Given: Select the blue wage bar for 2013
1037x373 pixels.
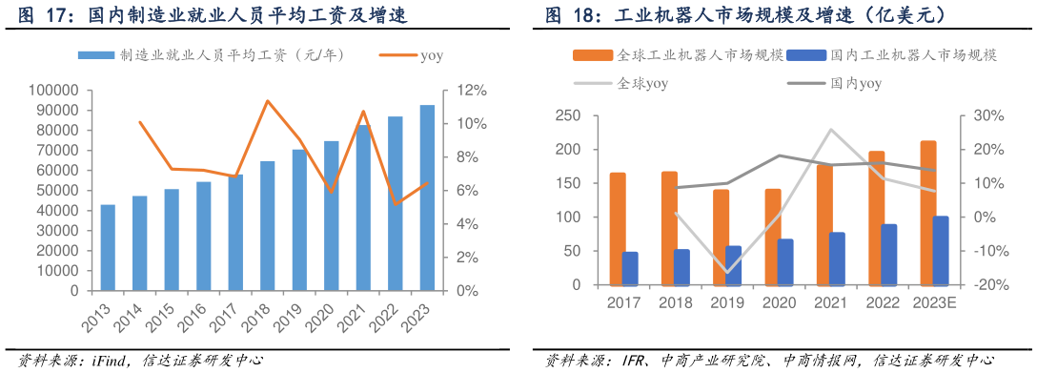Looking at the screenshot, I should coord(108,247).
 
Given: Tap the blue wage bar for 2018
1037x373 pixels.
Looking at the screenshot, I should coord(268,225).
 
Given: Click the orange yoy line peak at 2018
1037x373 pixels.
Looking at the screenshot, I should coord(268,100).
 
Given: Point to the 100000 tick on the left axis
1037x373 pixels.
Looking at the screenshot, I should coord(55,91).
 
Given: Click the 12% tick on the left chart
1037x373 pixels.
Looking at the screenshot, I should coord(474,91).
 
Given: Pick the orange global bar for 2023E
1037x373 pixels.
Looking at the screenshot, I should coord(927,213).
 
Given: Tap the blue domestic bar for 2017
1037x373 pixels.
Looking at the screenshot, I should coord(630,268).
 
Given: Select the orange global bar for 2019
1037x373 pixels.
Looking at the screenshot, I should coord(721,238).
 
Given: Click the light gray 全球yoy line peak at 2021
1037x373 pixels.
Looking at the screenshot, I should coord(831,130).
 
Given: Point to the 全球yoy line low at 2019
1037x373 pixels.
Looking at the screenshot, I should coord(727,272).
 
